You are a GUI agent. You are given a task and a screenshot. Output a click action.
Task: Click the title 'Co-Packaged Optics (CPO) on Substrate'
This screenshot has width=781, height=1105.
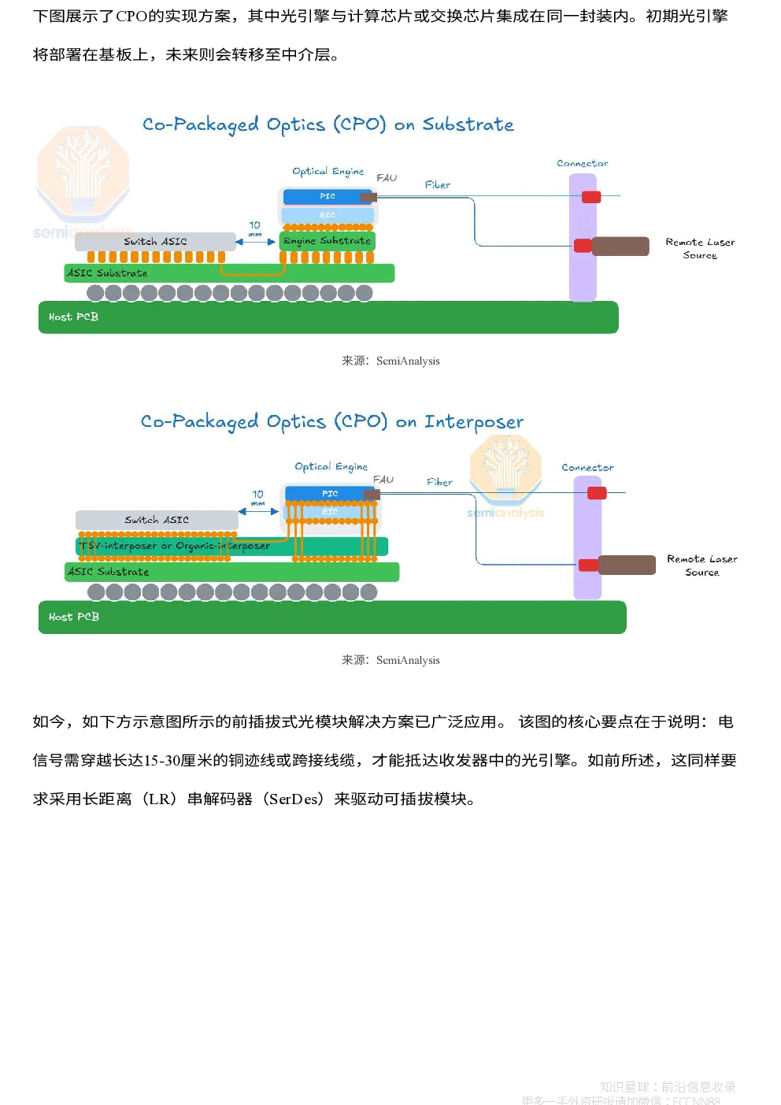tap(328, 124)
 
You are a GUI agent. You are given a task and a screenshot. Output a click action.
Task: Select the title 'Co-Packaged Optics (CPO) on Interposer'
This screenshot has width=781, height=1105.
tap(331, 421)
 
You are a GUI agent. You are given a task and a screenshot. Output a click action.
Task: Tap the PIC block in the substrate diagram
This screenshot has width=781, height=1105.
tap(327, 196)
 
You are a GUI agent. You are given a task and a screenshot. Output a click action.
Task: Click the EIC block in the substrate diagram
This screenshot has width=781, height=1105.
tap(327, 215)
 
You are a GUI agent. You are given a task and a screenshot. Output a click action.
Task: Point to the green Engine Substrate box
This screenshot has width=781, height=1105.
tap(327, 241)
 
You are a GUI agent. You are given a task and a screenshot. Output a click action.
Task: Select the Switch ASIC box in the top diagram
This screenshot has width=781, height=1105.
tap(155, 242)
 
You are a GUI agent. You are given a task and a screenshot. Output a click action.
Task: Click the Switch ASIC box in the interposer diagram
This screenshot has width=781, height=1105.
tap(157, 520)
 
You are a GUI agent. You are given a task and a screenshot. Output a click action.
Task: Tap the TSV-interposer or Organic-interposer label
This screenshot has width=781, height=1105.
tap(175, 546)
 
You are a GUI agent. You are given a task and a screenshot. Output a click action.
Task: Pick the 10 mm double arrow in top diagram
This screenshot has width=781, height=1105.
tap(256, 242)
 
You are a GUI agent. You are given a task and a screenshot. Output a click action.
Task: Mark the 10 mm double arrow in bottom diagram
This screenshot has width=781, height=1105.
tap(258, 511)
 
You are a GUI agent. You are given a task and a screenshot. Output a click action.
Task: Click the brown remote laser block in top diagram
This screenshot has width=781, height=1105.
tap(620, 247)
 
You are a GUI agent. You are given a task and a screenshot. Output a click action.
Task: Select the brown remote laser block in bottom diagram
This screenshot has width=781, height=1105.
tap(627, 565)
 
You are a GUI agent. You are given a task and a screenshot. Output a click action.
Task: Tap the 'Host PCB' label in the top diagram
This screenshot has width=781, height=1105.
tap(73, 317)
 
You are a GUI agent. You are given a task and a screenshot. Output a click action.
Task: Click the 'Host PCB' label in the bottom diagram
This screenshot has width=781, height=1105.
tap(73, 617)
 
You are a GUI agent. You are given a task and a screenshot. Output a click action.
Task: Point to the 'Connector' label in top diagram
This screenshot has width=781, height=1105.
tap(582, 164)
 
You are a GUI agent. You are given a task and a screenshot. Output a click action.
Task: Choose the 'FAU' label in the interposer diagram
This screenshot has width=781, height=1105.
tap(383, 479)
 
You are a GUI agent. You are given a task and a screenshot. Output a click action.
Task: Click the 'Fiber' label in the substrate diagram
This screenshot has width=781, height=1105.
tap(438, 185)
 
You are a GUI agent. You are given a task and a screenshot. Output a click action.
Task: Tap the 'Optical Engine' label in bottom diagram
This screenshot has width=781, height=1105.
tap(331, 466)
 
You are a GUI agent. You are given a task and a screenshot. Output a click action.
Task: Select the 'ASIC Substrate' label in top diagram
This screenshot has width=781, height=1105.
tap(107, 273)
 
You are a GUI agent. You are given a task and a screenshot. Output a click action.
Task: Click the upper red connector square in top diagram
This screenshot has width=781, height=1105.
tap(591, 197)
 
